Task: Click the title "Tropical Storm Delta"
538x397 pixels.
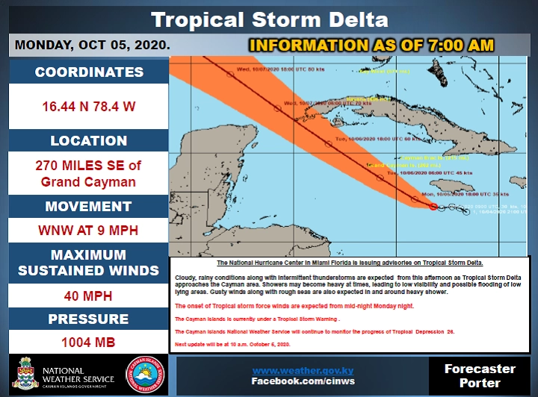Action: click(x=269, y=19)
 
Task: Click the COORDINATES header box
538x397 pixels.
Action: click(x=89, y=72)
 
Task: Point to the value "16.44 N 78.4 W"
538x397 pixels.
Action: click(x=89, y=107)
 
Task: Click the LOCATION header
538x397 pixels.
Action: click(x=89, y=140)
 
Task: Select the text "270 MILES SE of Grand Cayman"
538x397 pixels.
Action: click(x=89, y=173)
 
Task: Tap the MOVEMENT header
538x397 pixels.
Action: click(x=89, y=207)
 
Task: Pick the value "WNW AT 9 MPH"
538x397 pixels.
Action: click(x=89, y=231)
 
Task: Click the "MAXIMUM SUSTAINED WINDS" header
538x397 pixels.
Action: click(x=89, y=263)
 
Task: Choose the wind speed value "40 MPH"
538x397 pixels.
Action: click(x=89, y=296)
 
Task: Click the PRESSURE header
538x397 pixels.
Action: click(x=89, y=319)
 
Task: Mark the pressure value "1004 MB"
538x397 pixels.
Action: click(x=89, y=344)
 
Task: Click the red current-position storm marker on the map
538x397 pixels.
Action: click(x=433, y=207)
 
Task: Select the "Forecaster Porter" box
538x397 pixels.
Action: click(x=480, y=375)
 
